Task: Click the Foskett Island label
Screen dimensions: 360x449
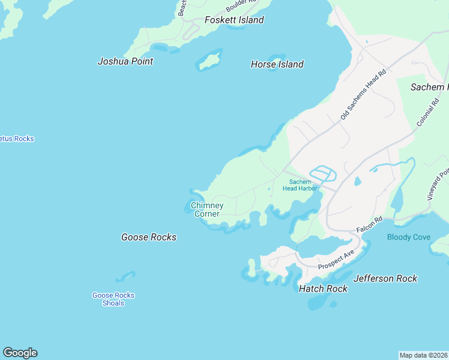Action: coord(234,20)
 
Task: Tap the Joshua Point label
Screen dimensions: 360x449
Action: coord(125,61)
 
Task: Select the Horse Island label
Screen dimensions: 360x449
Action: coord(277,64)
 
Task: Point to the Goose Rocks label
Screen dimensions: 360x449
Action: coord(149,237)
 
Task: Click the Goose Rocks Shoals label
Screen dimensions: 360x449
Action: coord(113,299)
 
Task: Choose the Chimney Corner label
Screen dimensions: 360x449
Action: coord(207,209)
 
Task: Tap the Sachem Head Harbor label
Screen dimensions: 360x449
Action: coord(300,185)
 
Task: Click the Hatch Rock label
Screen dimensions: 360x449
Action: coord(323,289)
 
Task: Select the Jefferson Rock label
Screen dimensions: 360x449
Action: coord(385,278)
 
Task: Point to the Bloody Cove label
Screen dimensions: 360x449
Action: coord(409,237)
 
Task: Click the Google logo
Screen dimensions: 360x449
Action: coord(20,353)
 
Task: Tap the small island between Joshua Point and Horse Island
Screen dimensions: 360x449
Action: coord(209,61)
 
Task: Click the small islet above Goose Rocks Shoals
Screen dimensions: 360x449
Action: coord(125,276)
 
